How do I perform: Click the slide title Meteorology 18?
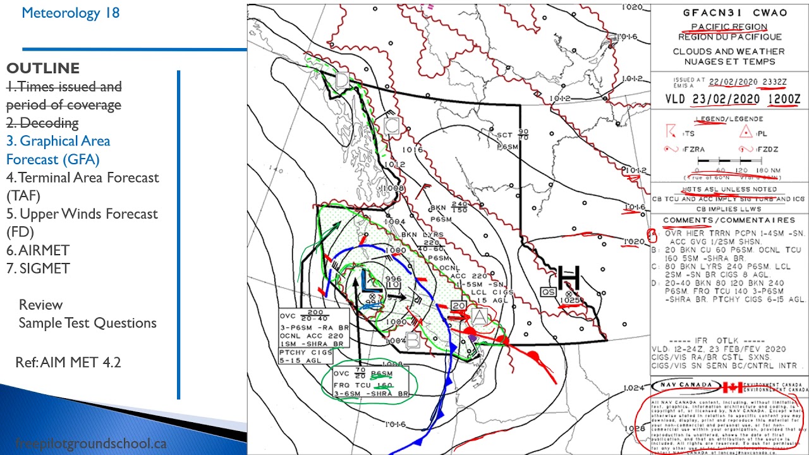click(70, 13)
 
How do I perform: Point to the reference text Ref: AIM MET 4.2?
click(68, 362)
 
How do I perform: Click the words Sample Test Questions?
click(87, 323)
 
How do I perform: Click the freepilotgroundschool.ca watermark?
click(90, 443)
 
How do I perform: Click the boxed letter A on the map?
click(479, 315)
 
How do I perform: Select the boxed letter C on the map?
click(391, 125)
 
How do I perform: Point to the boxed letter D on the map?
click(342, 80)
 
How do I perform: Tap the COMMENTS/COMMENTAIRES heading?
click(729, 220)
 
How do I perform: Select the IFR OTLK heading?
click(729, 341)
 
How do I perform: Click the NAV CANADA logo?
click(685, 385)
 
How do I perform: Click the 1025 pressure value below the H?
click(570, 300)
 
